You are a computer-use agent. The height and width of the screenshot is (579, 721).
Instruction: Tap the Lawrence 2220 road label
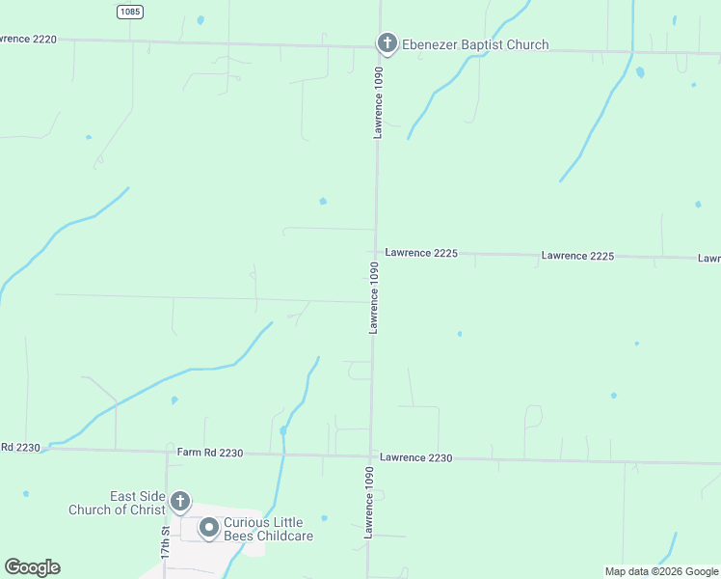pos(29,39)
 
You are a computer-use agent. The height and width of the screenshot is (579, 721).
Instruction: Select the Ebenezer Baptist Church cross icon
pos(386,42)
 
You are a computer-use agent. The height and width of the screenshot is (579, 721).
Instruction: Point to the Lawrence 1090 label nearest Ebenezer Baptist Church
pos(379,102)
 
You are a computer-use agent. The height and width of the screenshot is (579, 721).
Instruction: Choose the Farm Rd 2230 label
pos(210,452)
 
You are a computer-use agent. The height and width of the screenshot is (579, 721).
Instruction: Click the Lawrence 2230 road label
pos(415,457)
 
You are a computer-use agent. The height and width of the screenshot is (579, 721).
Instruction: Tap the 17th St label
pos(165,543)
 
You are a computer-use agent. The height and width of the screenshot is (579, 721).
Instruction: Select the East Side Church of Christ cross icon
pos(180,501)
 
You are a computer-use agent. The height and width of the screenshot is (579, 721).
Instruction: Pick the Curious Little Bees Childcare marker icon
pos(208,528)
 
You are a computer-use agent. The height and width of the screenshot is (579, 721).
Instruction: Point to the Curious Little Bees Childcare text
pos(269,529)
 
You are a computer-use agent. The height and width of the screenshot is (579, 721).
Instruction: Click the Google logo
pos(32,567)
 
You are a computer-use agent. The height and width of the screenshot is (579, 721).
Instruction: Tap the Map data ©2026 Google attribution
pos(661,571)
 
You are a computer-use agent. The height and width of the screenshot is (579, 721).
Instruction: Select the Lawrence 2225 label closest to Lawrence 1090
pos(421,253)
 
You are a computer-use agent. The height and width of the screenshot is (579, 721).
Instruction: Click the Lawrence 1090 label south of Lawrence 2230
pos(368,503)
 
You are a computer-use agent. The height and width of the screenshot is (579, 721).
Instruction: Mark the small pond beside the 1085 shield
pos(200,19)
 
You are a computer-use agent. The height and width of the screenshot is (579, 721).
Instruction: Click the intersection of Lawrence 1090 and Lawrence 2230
pos(371,456)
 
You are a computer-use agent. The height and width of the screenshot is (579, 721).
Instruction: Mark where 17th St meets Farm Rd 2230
pos(166,451)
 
